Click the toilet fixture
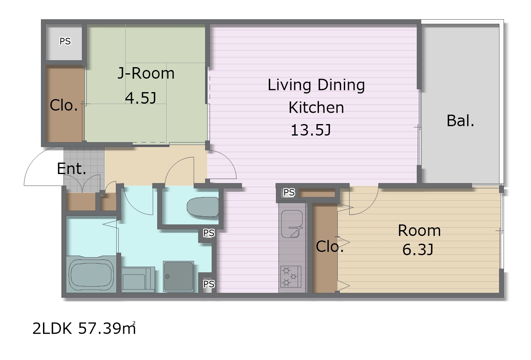(x=203, y=207)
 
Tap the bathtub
(x=91, y=274)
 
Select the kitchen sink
(x=292, y=224)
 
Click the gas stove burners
(x=291, y=276)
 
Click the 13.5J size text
(x=311, y=130)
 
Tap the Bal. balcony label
(x=460, y=121)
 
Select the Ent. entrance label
(x=71, y=169)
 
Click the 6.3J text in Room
(x=418, y=249)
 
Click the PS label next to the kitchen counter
(x=289, y=192)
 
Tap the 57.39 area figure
(x=107, y=328)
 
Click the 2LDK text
(x=52, y=329)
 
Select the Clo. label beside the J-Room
(x=64, y=105)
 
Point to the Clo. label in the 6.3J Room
(x=330, y=247)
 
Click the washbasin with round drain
(x=179, y=276)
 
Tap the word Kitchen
(x=316, y=107)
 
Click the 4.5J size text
(x=140, y=98)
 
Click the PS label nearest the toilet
(x=209, y=233)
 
